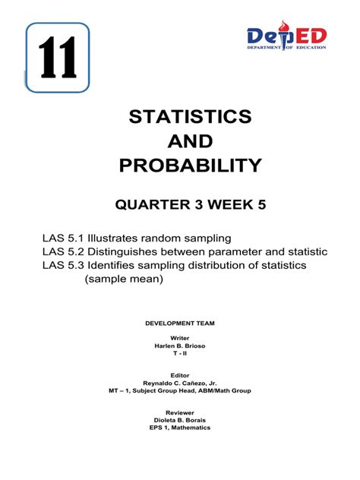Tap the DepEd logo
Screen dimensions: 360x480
point(286,38)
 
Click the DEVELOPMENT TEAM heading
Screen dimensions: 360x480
point(180,323)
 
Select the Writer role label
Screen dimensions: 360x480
point(180,337)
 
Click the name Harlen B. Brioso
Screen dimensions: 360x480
point(180,346)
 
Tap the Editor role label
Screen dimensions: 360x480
point(180,374)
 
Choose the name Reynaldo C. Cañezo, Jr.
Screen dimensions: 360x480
point(180,383)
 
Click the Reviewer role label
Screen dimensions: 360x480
point(180,411)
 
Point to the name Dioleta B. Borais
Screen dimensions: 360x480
point(180,419)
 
